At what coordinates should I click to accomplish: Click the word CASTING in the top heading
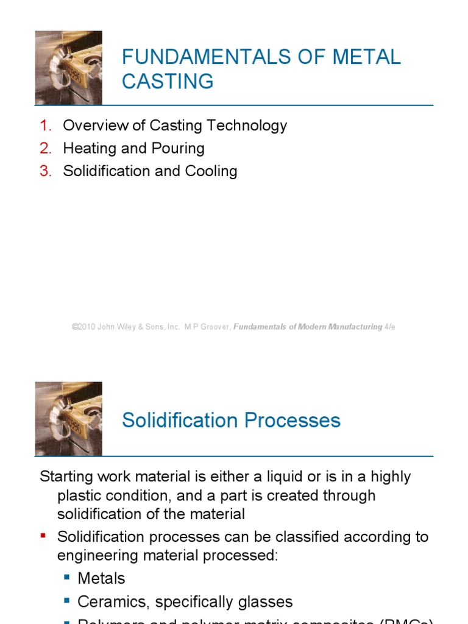click(168, 81)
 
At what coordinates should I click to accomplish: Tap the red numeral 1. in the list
click(46, 126)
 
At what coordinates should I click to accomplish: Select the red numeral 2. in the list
click(46, 149)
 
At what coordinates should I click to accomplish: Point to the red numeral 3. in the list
click(46, 171)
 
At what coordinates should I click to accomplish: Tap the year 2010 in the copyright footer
click(87, 327)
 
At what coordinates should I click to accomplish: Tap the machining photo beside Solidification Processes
click(68, 419)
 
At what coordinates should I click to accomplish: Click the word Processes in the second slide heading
click(292, 420)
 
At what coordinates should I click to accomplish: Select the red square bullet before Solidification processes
click(43, 536)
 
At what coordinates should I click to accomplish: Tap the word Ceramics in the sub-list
click(114, 602)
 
